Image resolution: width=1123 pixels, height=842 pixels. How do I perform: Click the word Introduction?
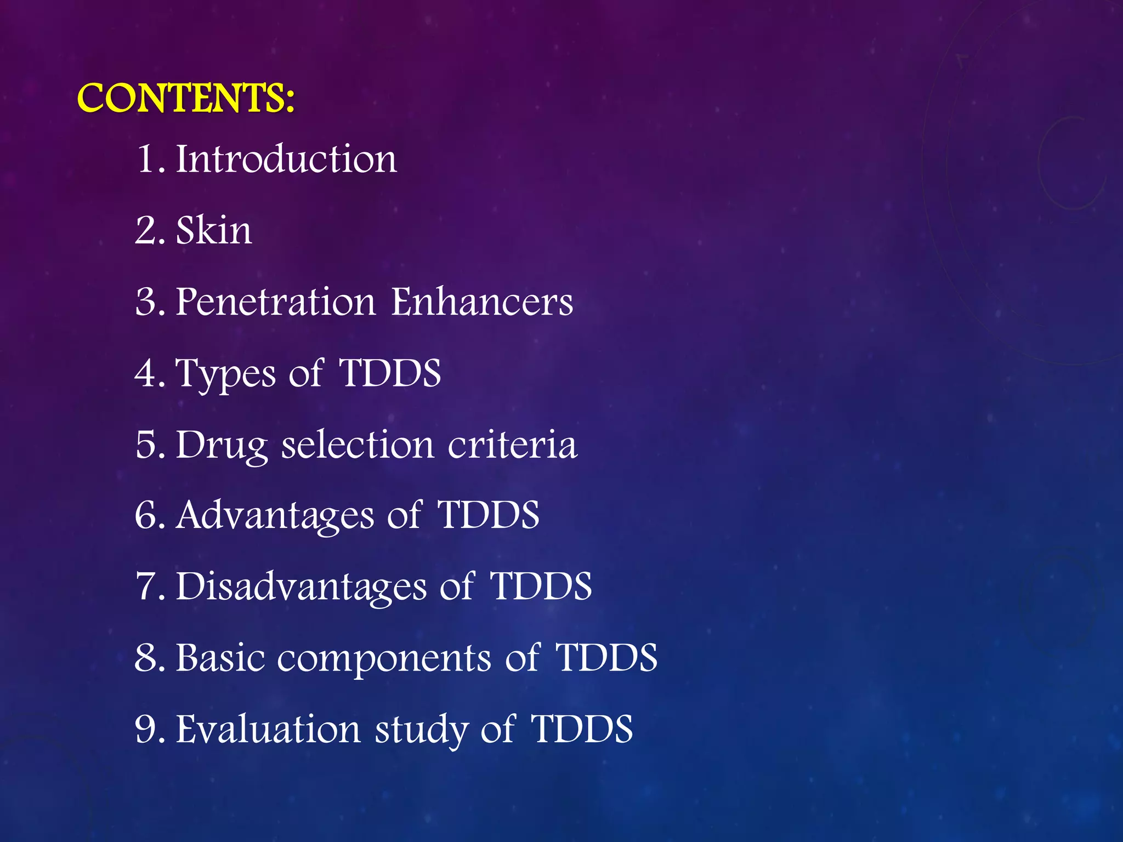286,159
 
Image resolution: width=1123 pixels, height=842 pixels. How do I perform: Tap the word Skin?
214,230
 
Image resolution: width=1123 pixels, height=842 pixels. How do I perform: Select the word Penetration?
276,301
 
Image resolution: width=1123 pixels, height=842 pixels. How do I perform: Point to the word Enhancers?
482,301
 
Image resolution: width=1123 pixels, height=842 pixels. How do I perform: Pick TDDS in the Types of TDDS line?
390,373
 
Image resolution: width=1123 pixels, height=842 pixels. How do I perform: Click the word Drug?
222,445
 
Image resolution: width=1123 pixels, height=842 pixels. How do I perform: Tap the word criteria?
512,444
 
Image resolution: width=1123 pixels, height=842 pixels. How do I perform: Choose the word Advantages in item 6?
275,516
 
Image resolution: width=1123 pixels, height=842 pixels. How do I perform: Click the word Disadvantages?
301,587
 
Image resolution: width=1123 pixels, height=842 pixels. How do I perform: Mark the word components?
384,659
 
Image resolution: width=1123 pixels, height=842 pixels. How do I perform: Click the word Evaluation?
268,729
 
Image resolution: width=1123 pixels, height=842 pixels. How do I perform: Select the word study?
421,730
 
